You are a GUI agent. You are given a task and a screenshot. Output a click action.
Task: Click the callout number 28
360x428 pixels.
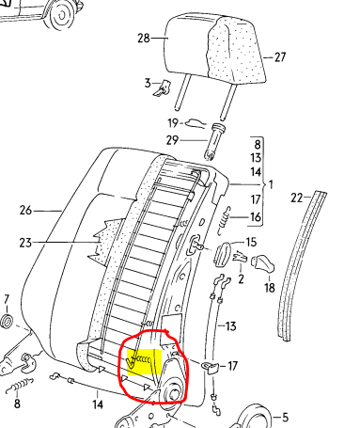point(144,39)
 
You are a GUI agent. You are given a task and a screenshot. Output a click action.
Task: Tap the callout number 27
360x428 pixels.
point(280,57)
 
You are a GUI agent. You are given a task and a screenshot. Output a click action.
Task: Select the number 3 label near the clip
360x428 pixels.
point(148,84)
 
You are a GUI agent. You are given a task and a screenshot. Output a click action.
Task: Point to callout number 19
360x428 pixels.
point(173,123)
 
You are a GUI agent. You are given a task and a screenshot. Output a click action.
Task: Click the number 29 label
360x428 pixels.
point(172,140)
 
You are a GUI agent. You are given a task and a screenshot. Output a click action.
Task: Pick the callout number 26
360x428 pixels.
point(25,210)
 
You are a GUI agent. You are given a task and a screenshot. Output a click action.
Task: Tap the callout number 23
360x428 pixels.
point(25,243)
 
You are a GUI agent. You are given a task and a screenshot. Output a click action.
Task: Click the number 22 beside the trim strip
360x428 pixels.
point(296,198)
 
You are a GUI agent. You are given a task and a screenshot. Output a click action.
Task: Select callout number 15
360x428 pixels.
point(251,242)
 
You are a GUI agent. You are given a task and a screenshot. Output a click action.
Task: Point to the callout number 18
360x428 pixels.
point(269,288)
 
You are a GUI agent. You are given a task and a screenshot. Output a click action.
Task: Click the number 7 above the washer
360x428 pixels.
point(7,299)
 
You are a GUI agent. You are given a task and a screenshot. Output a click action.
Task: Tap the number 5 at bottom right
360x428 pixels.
point(285,418)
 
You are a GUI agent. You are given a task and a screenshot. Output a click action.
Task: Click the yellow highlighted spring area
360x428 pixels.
point(144,362)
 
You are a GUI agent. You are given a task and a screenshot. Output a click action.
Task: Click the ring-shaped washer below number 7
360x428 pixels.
point(7,322)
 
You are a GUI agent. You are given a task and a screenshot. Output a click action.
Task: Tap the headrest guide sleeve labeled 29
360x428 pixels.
point(215,141)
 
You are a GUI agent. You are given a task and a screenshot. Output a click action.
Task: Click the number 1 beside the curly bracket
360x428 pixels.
point(271,184)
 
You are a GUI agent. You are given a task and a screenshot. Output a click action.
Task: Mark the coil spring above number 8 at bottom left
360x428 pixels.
point(20,386)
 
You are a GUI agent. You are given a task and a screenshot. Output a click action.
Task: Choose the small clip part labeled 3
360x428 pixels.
point(163,87)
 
